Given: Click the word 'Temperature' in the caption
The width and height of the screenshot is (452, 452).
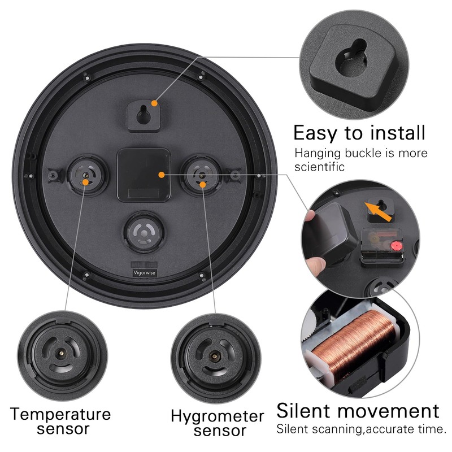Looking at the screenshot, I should (60, 414).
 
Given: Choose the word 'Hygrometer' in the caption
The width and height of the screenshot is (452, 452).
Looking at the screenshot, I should (218, 417).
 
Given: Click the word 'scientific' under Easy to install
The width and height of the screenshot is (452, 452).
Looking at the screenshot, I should (320, 167).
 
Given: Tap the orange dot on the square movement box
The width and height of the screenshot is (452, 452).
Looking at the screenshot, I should (162, 175).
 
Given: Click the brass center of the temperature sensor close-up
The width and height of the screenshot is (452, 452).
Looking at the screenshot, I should (59, 352).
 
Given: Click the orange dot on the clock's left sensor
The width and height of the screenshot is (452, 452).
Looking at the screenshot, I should (85, 182).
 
